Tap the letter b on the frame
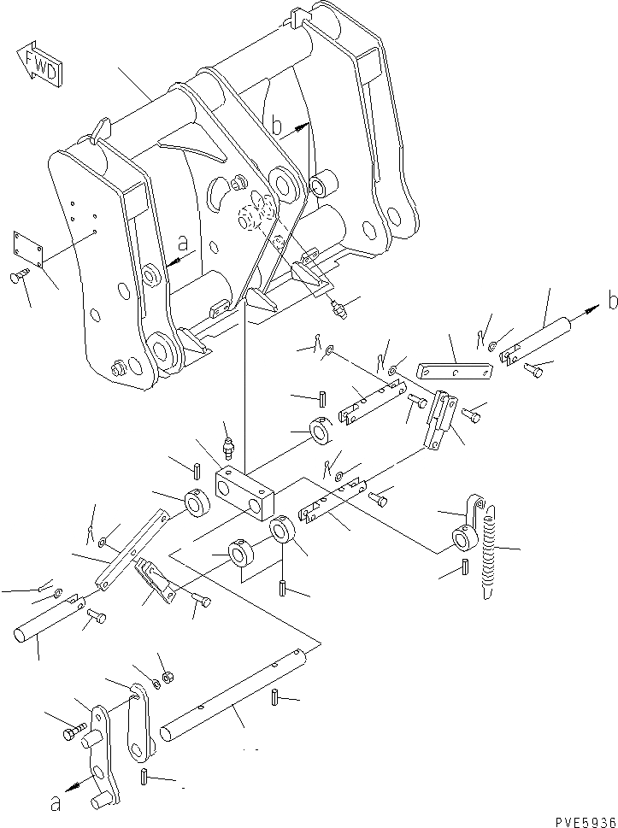click(276, 127)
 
